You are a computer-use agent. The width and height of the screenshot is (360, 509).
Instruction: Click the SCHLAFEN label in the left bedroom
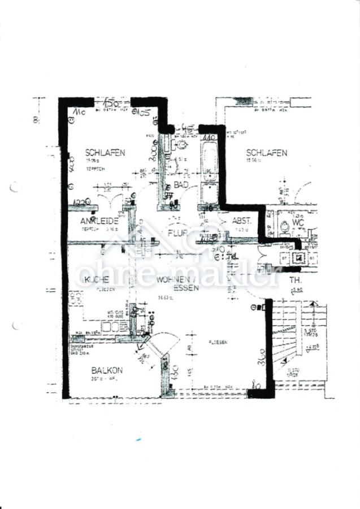(105, 153)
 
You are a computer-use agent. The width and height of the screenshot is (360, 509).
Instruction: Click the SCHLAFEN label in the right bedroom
(266, 153)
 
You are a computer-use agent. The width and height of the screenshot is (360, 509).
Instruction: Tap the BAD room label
(181, 186)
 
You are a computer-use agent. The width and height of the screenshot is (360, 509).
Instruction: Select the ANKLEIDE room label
(99, 221)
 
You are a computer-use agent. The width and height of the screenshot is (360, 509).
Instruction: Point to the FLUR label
(177, 232)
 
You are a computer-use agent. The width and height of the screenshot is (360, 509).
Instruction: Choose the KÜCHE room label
(97, 280)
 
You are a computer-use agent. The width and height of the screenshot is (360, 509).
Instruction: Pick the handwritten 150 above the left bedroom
(111, 102)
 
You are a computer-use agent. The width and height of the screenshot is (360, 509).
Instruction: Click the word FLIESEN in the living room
(218, 342)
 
